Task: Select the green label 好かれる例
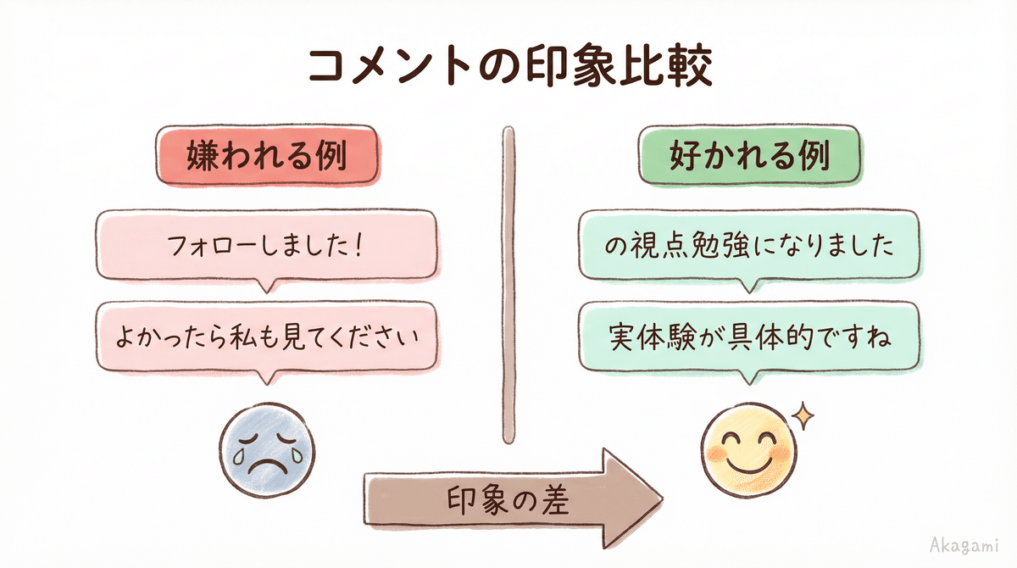click(749, 156)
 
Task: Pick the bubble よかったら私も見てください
click(267, 337)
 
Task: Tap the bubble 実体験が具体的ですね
click(749, 337)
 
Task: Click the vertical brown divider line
click(508, 284)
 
